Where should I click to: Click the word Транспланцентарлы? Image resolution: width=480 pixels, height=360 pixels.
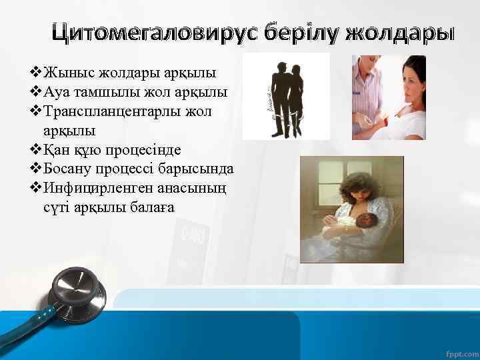coord(114,110)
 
